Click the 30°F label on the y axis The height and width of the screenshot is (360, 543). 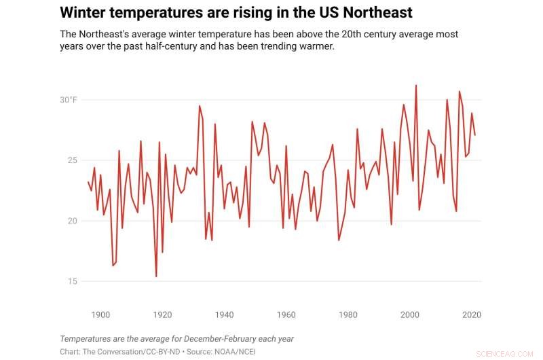pos(69,100)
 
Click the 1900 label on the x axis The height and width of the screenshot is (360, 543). pos(100,314)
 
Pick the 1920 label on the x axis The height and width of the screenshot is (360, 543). pos(162,314)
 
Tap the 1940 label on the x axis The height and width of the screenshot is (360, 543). pos(224,314)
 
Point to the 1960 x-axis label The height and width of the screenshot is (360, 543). pos(286,314)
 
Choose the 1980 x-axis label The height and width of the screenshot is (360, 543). pos(348,314)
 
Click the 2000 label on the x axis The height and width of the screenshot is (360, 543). pos(409,314)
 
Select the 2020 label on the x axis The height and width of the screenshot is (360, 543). pos(471,314)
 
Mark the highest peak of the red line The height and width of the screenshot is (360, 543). pos(415,86)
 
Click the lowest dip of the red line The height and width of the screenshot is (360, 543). pos(156,276)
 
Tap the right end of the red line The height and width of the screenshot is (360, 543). pos(474,135)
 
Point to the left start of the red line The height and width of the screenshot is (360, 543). pos(88,182)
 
